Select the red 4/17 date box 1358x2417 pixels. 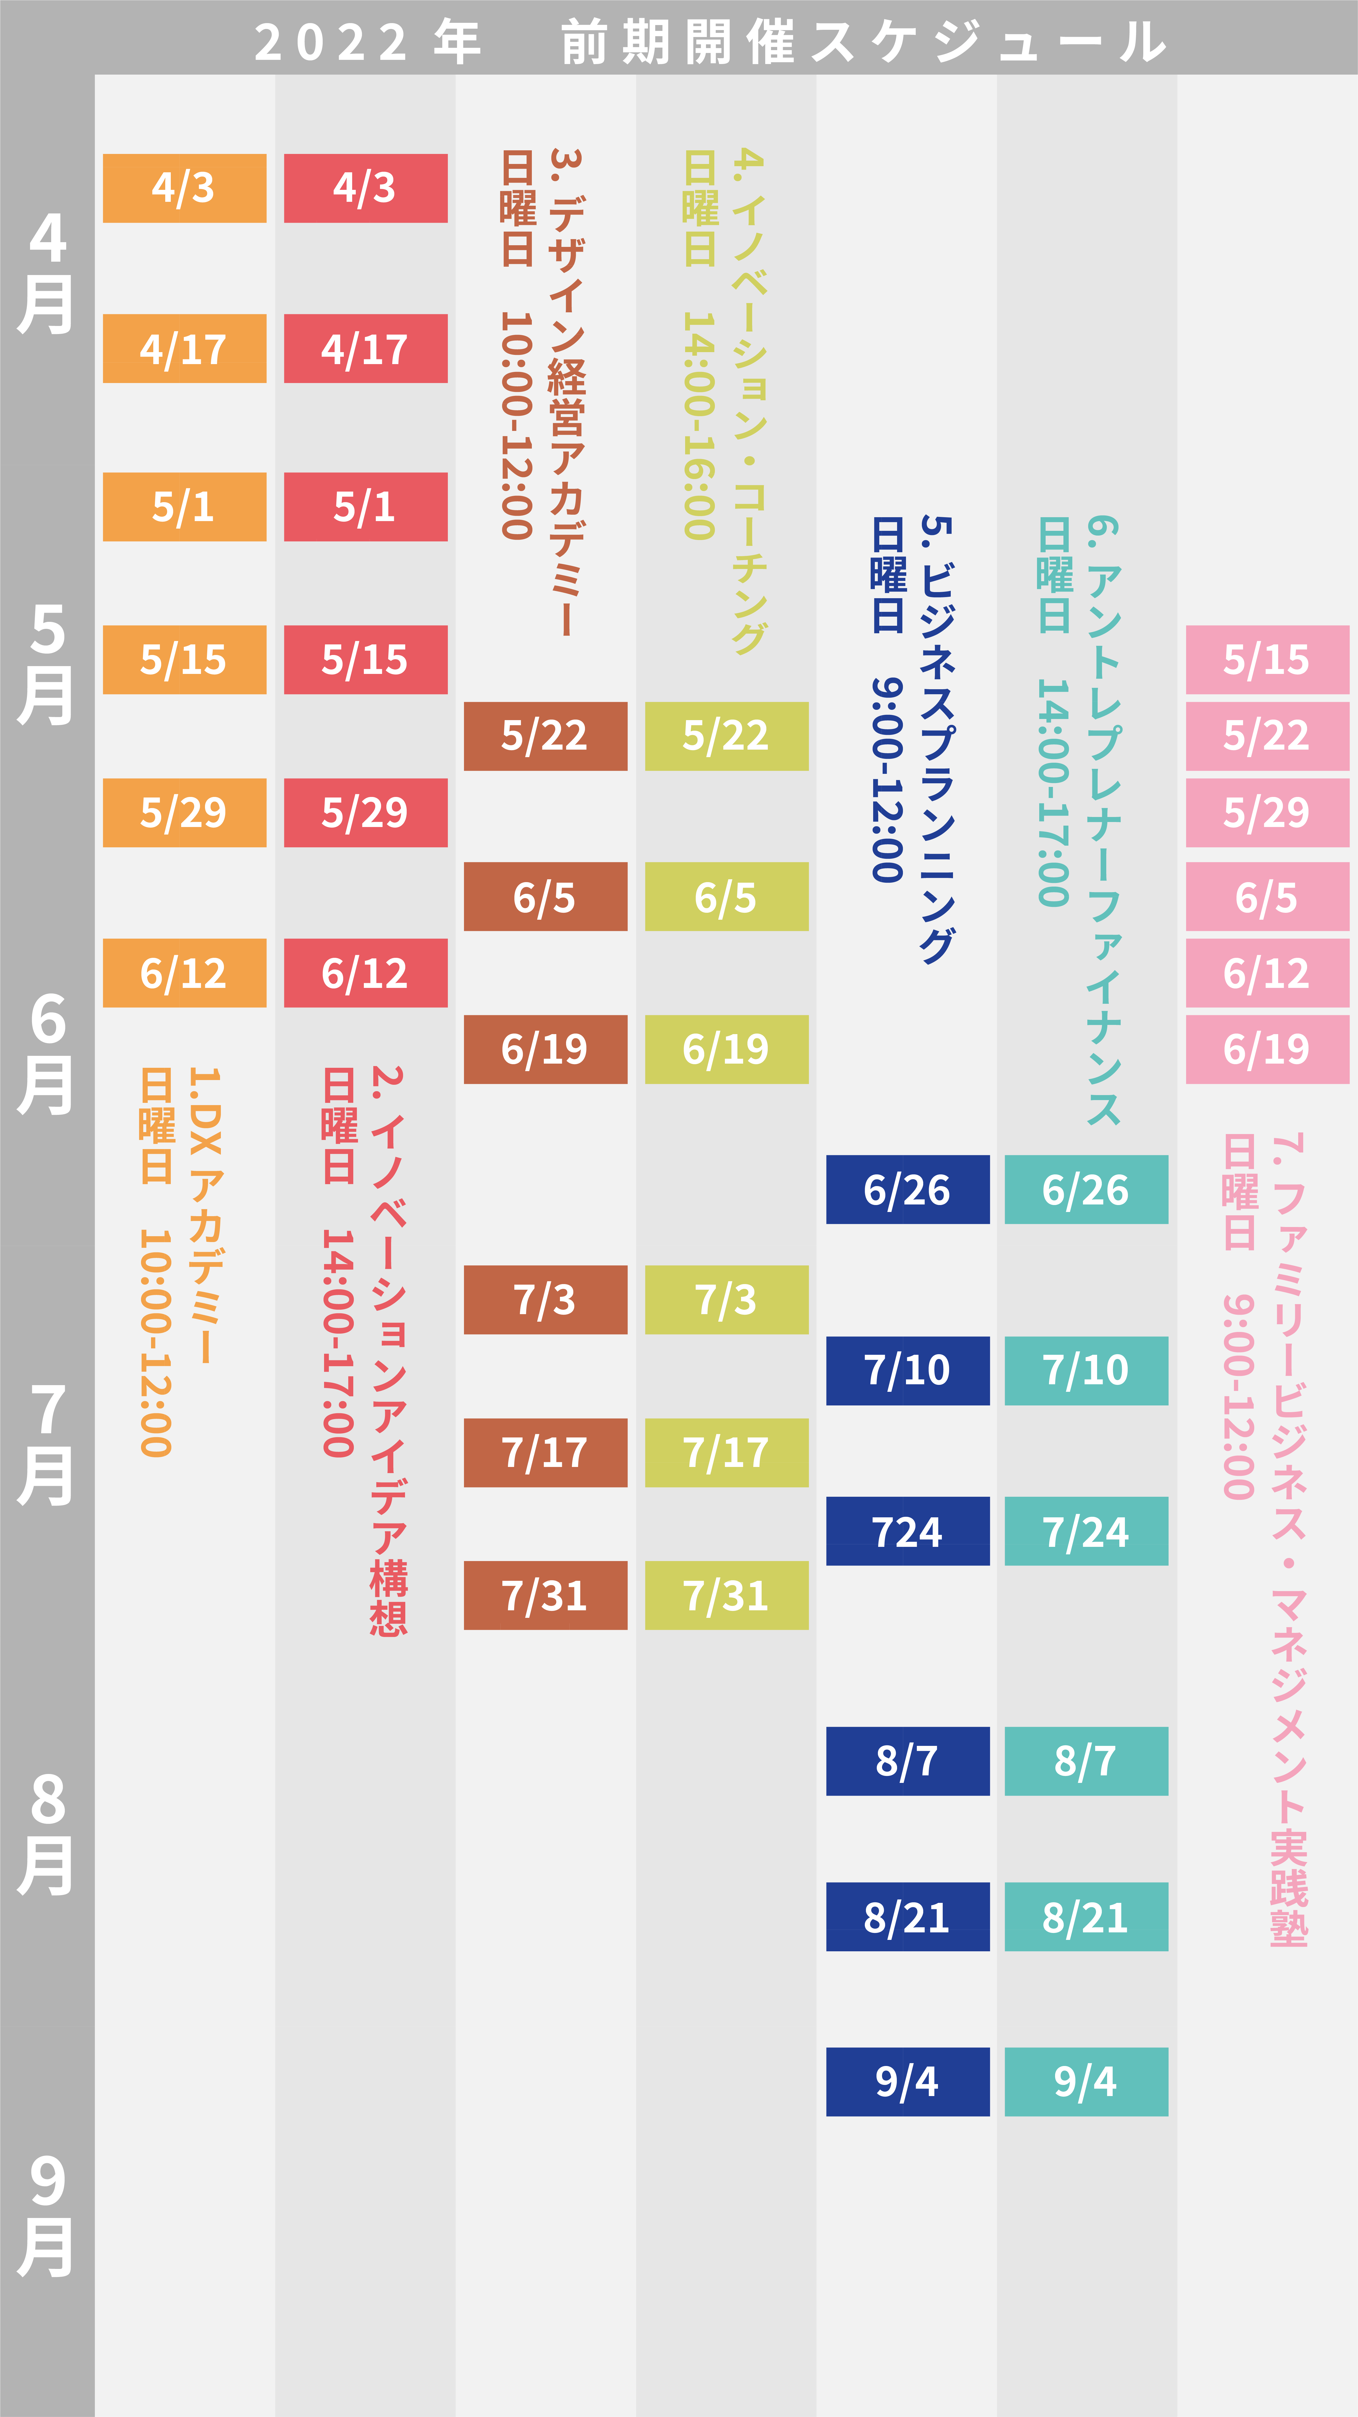(x=366, y=348)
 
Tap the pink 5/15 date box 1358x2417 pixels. (x=1267, y=660)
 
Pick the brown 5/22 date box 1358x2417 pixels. (x=546, y=736)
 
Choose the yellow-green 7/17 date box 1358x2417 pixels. (x=727, y=1452)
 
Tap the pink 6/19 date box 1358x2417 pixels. (x=1267, y=1049)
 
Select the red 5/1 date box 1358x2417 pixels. (x=366, y=507)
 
